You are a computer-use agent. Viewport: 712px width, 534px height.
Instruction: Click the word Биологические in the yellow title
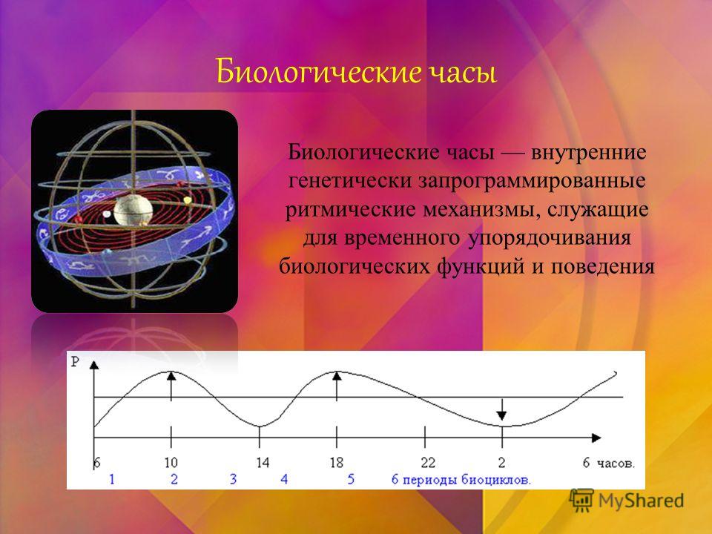318,72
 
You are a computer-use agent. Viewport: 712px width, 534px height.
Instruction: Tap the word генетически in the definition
349,181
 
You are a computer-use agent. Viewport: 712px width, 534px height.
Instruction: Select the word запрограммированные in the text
532,181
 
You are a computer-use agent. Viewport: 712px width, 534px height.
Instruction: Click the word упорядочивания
550,238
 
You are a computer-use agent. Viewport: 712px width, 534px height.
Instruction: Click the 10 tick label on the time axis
171,463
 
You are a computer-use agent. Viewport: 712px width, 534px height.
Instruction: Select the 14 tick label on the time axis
263,463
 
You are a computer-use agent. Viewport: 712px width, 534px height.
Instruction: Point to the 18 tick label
337,463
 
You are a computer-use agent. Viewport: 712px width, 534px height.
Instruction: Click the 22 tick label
428,463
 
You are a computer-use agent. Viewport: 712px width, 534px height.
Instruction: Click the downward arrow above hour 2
502,409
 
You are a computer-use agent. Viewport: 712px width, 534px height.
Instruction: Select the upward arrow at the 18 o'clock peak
337,386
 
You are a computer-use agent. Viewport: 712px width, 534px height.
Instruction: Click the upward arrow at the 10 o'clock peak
171,386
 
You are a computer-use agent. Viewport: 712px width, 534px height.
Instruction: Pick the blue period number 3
234,479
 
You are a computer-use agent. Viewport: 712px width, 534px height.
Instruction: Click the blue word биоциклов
496,480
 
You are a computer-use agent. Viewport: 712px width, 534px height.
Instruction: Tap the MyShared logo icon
581,501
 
